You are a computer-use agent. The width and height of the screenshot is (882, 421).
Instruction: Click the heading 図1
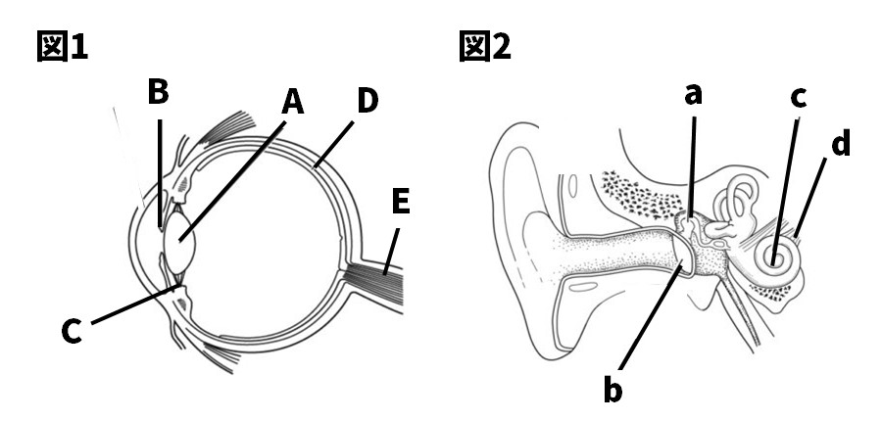(62, 45)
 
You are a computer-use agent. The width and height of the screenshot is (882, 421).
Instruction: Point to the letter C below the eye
(71, 332)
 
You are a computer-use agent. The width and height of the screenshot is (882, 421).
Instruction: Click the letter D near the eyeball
(367, 101)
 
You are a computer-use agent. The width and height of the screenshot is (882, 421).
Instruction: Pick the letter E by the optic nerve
(399, 203)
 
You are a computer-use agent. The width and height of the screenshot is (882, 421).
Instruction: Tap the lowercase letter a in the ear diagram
(694, 95)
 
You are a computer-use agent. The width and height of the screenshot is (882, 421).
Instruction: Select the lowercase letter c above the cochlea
(799, 97)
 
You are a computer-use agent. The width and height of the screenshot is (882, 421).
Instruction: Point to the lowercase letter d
(840, 144)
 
